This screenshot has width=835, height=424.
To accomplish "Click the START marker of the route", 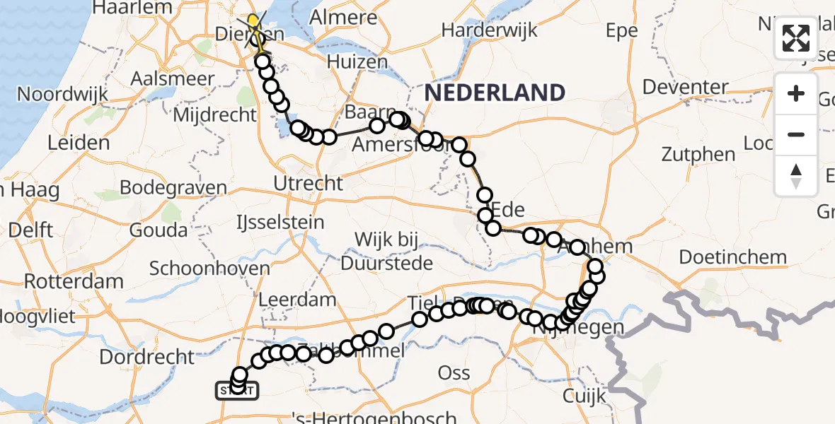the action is pos(237,390).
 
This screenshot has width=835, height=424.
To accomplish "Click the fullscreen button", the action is pos(796,38).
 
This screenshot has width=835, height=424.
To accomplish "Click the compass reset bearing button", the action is pos(796,175).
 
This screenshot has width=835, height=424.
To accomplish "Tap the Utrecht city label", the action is pos(309,184).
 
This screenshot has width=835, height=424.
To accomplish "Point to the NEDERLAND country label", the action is pos(495,93).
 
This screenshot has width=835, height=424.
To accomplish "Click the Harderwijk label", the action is pos(489,30).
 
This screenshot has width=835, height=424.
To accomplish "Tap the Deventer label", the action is pos(686,88).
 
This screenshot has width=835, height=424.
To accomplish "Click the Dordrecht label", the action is pos(146,357).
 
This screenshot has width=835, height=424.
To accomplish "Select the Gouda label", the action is pos(158,230).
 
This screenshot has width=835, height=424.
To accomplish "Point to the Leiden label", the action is pos(79,143).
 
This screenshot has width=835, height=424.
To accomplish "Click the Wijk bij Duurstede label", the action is pos(386,252).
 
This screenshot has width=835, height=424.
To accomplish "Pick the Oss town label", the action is pos(454,372).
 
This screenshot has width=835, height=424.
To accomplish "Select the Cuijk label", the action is pos(584,396).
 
